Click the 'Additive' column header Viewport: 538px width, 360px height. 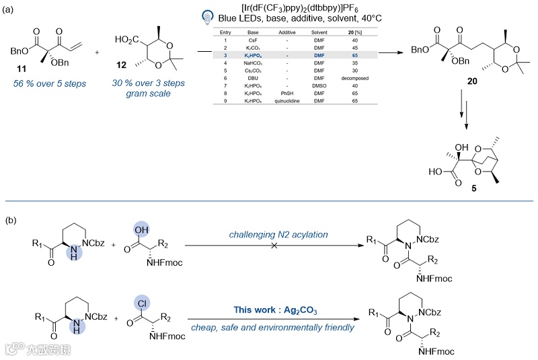[x=282, y=33]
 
